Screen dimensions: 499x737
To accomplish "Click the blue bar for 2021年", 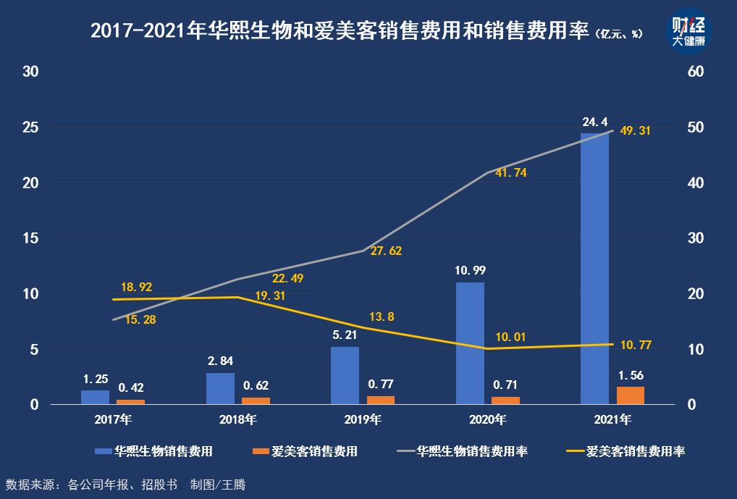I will [x=594, y=269].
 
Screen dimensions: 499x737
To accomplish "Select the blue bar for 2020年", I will [x=470, y=343].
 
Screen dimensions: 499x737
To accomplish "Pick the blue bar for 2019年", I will [x=345, y=375].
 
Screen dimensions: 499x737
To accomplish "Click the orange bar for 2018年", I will [x=256, y=401].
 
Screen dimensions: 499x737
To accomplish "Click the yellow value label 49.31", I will [x=636, y=131].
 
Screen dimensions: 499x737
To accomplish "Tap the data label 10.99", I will [x=470, y=270].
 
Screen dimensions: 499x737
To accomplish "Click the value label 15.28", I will [x=140, y=319].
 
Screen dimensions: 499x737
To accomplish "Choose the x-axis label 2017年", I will [x=114, y=419].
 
